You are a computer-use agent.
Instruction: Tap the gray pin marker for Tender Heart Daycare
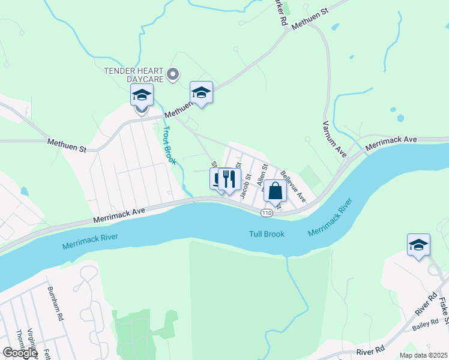(x=173, y=74)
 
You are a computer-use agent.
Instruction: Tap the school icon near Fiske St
(x=418, y=245)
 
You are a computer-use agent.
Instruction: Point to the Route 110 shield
(x=267, y=213)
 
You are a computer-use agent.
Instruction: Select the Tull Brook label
(x=267, y=234)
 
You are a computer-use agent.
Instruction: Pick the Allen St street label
(x=261, y=177)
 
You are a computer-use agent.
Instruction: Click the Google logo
(x=20, y=352)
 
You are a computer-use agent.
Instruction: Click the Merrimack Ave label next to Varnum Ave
(x=391, y=142)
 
